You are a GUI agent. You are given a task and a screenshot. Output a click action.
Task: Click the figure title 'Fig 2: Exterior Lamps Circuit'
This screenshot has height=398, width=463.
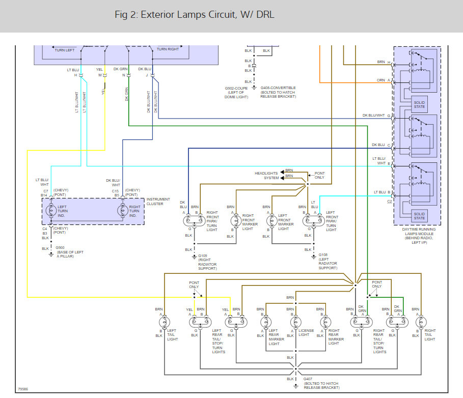(x=195, y=15)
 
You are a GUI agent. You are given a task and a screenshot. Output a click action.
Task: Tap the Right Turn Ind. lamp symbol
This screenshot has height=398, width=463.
(x=122, y=211)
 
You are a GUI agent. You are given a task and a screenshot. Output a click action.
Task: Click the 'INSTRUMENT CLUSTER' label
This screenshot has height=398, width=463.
(x=158, y=202)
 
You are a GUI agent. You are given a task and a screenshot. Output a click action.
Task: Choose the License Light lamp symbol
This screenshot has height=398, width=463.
(x=295, y=322)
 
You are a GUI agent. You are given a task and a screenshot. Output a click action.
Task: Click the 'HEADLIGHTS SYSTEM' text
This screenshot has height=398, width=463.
(x=267, y=176)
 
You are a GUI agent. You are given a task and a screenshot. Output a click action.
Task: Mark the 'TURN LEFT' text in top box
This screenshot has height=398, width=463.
(x=64, y=49)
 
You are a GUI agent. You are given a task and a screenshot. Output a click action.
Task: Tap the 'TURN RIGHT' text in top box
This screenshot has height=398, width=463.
(x=168, y=49)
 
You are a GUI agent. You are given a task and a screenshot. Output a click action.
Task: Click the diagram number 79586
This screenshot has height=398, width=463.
(x=23, y=389)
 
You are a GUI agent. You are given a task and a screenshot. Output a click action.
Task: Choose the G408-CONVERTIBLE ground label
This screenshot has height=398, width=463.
(x=278, y=88)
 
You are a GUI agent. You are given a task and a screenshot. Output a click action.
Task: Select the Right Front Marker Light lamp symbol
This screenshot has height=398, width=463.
(x=235, y=221)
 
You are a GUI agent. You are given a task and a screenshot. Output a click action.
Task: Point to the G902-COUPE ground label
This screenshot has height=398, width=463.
(x=237, y=88)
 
